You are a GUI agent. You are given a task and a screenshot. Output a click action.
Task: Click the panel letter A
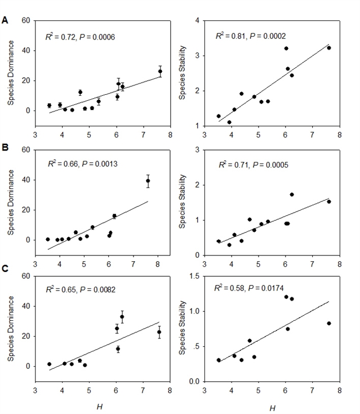pos(5,20)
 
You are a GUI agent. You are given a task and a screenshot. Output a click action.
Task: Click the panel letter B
pos(5,149)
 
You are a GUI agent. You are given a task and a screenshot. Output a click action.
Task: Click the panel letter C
pos(5,276)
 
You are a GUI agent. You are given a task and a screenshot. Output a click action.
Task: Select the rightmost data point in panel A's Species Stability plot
pos(329,48)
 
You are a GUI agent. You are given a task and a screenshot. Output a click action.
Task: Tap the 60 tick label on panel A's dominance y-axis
pos(26,21)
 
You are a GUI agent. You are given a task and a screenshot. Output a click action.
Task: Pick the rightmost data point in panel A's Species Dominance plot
pos(160,71)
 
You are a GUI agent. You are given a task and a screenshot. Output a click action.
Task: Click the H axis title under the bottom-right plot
pos(273,407)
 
